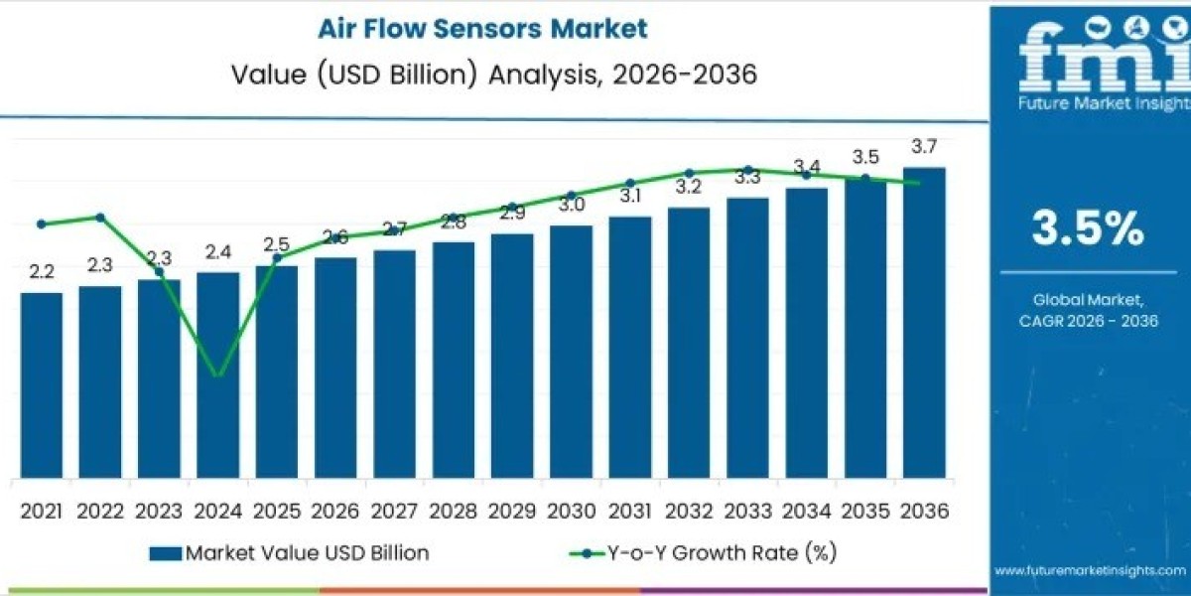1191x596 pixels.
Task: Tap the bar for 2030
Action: pos(571,352)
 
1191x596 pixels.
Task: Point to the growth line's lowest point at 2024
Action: pos(218,375)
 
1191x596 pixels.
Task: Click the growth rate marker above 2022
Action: pos(100,217)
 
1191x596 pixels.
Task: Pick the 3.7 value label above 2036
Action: pos(923,147)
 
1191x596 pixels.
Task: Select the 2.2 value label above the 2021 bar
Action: pos(42,271)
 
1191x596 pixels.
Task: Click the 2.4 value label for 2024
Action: pos(218,251)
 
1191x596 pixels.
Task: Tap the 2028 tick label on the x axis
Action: pos(453,511)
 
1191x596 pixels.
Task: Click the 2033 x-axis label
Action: pos(747,511)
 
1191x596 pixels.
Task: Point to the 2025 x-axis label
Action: pos(277,511)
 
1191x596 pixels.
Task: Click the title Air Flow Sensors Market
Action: pos(482,28)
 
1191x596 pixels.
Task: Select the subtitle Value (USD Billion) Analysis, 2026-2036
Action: pos(482,74)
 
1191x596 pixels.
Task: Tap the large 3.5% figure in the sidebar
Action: pos(1088,229)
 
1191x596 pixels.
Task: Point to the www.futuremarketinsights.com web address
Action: pos(1090,570)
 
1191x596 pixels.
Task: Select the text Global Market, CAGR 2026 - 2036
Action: pos(1088,309)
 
